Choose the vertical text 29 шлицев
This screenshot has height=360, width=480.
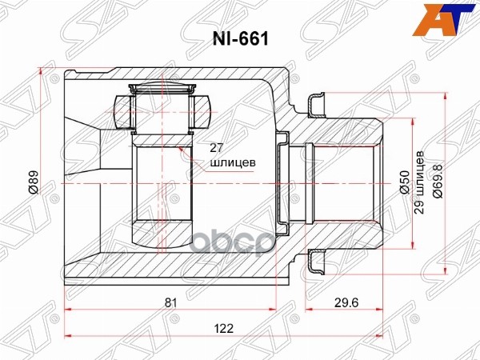(x=419, y=183)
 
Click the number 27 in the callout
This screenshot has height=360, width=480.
(x=216, y=147)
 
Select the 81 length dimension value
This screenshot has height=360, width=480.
(x=170, y=303)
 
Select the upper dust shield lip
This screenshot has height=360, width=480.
(x=315, y=102)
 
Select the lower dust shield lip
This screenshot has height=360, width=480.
(x=315, y=264)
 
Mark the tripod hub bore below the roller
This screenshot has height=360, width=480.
(x=162, y=184)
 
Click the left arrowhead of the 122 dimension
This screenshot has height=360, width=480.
(x=66, y=332)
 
